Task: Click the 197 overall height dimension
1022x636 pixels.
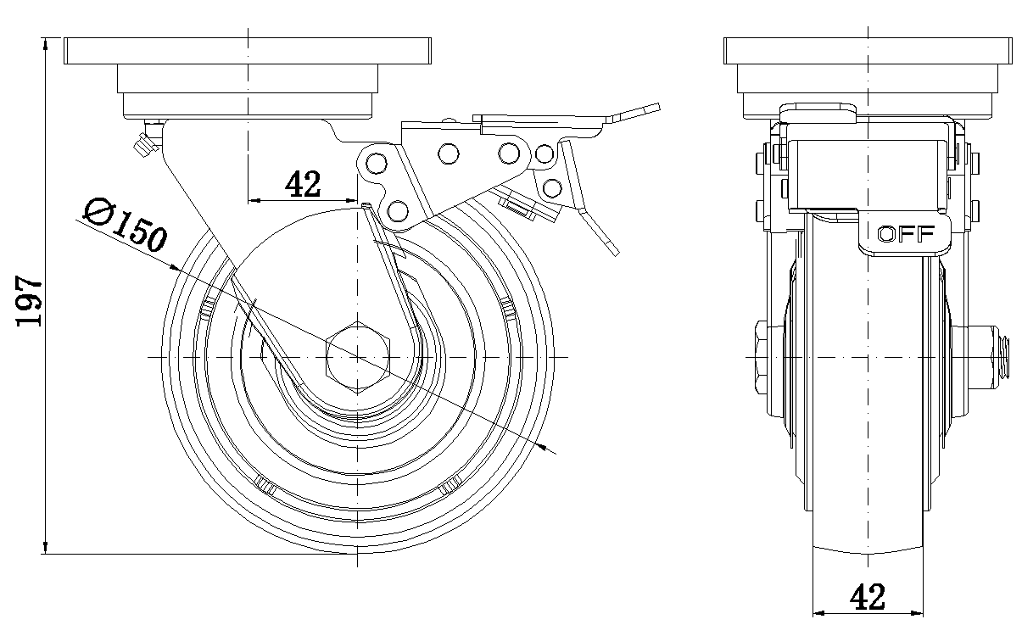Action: coord(30,301)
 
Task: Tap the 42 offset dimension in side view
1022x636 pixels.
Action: coord(302,184)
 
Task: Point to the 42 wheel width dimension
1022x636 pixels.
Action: coord(866,597)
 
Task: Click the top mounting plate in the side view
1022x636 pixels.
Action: coord(247,52)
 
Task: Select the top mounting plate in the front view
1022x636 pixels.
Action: coord(868,52)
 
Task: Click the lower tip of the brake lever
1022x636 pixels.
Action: coord(612,248)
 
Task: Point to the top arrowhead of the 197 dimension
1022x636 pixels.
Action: coord(45,42)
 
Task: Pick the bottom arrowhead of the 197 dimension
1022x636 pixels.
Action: coord(45,549)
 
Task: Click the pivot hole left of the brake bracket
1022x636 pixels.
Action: coord(371,164)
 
